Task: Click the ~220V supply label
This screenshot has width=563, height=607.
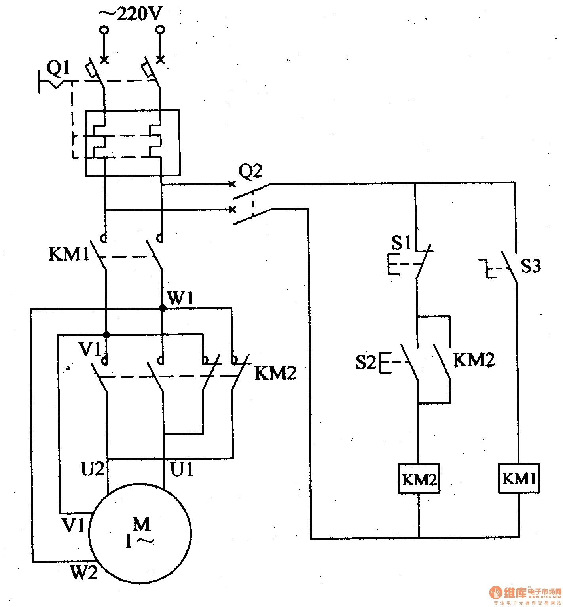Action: [131, 14]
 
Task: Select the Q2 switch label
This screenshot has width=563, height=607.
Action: [250, 172]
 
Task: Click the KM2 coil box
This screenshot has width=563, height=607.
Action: [419, 479]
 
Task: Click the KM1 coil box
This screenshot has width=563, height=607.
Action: [519, 478]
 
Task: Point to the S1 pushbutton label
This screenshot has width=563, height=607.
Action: [401, 243]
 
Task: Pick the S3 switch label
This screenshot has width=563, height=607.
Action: [530, 266]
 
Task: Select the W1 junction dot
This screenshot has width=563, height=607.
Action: [162, 308]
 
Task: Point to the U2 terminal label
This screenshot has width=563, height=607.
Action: [93, 469]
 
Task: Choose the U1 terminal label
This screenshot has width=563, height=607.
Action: [182, 469]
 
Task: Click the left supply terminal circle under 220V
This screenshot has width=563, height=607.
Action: [104, 30]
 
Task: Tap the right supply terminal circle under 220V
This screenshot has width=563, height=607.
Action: [160, 30]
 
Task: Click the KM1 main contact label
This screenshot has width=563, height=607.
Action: [69, 254]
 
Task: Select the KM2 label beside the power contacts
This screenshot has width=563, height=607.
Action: [275, 373]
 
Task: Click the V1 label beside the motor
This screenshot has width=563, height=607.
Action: [74, 526]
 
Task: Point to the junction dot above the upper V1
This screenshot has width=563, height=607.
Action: [106, 335]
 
